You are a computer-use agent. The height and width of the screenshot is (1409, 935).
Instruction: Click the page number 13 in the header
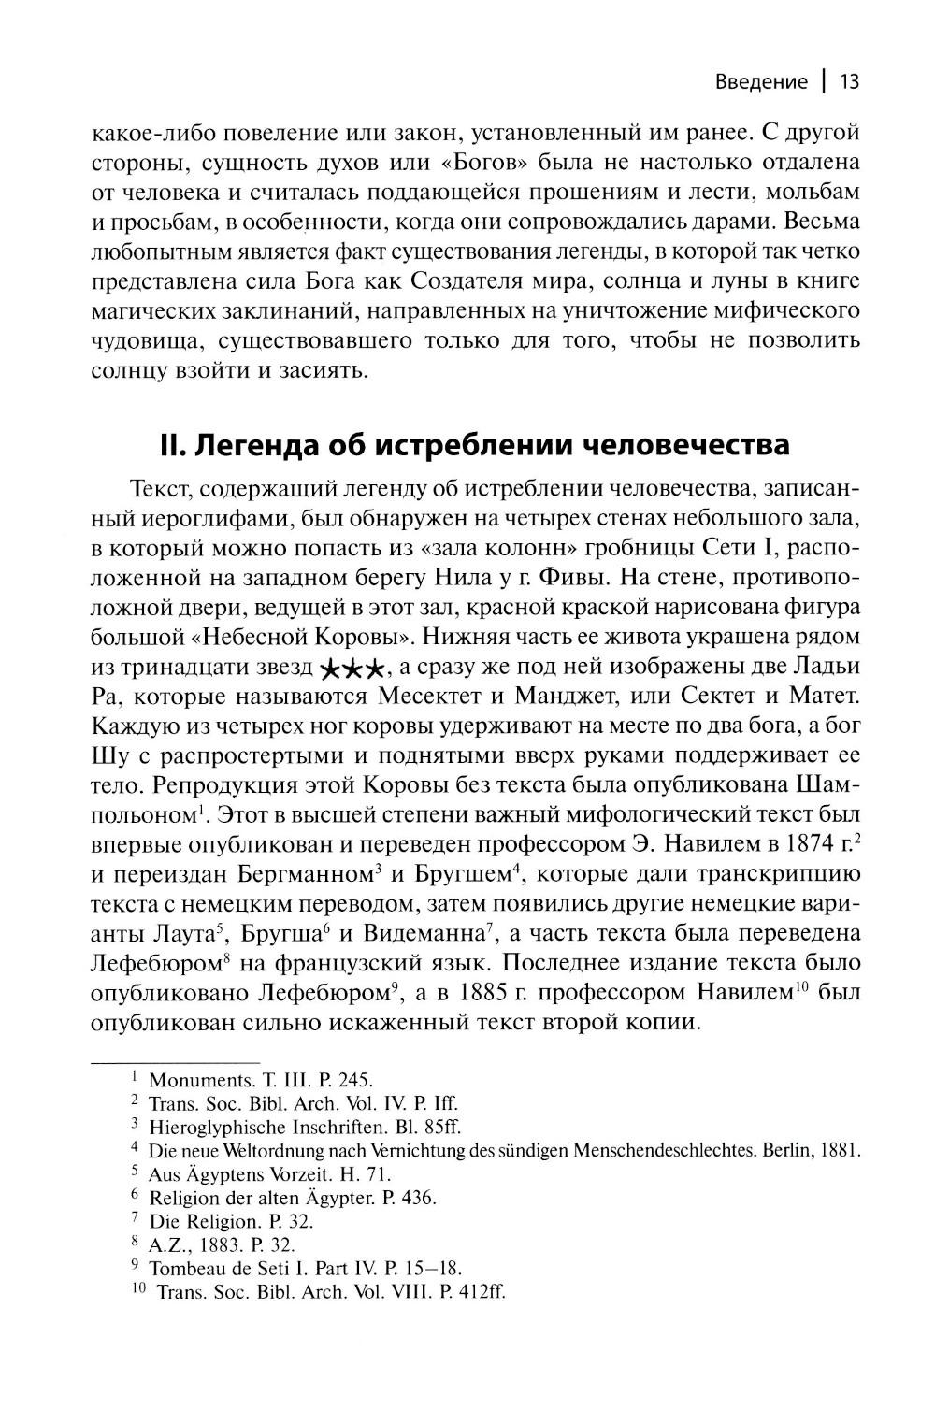click(x=849, y=81)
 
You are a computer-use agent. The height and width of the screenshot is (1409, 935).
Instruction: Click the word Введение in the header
click(x=761, y=81)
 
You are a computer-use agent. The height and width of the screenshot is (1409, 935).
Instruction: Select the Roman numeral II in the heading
click(x=174, y=444)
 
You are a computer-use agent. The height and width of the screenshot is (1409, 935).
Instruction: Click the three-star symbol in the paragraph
click(x=351, y=669)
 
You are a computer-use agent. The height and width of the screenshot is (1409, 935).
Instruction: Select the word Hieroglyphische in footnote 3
click(x=214, y=1127)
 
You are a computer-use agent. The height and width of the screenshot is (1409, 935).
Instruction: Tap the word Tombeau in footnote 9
click(x=185, y=1268)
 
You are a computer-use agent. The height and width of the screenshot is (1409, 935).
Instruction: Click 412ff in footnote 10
click(x=474, y=1292)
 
